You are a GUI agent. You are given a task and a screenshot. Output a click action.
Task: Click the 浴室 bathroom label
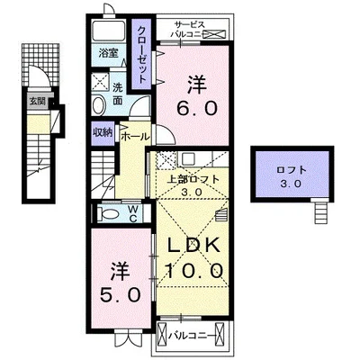coord(108,54)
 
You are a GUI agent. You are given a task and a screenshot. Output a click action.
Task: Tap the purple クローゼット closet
coord(141,54)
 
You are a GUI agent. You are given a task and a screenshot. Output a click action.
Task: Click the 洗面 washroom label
coord(119,94)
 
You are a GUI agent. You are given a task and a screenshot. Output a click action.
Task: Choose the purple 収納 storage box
coord(102,132)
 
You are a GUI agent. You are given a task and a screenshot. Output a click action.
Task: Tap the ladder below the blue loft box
coord(321,213)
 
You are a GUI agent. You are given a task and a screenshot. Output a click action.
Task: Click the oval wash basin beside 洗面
coord(97,105)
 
